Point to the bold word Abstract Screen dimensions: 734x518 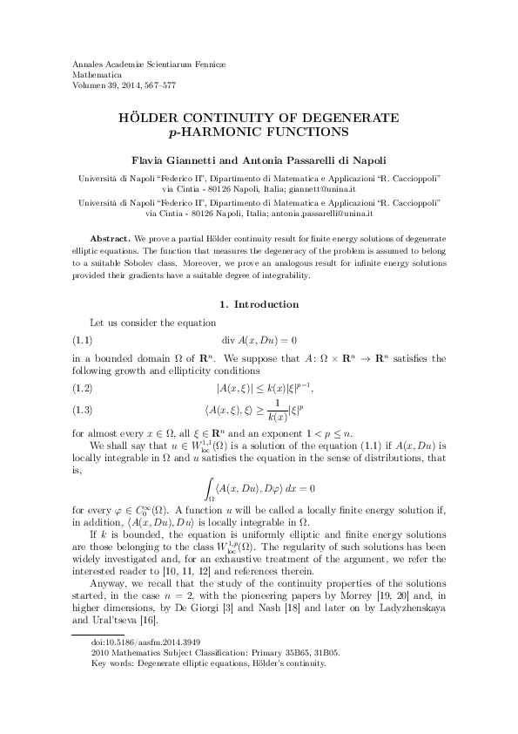click(111, 238)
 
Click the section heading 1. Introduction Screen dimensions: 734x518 click(259, 304)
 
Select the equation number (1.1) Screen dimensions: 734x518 click(80, 338)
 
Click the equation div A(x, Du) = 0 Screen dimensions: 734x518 click(259, 338)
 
